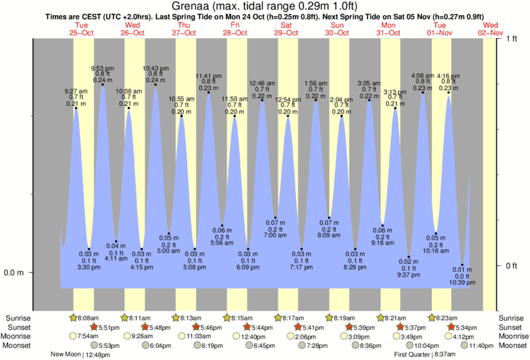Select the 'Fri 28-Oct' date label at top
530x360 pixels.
pos(235,29)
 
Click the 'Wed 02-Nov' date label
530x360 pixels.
pos(491,29)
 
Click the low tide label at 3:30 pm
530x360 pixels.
pos(89,267)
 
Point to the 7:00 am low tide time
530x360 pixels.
pos(275,236)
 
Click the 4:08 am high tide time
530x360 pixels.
pos(422,75)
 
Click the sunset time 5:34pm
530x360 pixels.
pos(466,327)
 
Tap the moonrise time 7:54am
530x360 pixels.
pos(86,336)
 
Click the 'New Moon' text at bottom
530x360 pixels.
pos(68,355)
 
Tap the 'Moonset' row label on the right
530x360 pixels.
pos(513,345)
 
